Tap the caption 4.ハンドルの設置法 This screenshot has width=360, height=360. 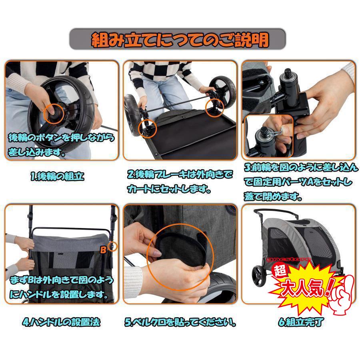(60, 322)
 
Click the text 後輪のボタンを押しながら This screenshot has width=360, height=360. (60, 138)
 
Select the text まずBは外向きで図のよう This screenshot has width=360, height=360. (60, 278)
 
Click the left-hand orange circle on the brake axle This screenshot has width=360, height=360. (147, 127)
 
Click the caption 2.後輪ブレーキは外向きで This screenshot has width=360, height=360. (180, 174)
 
